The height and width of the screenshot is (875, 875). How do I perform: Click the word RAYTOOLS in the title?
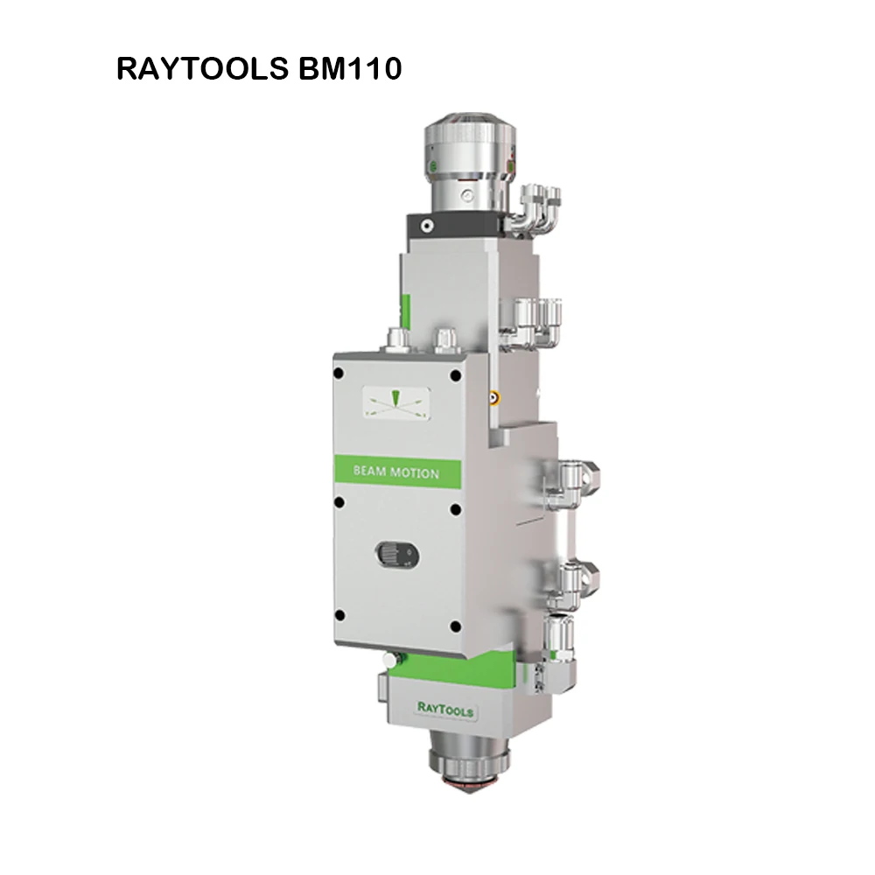pyautogui.click(x=203, y=69)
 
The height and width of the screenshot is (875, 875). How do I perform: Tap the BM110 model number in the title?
pyautogui.click(x=351, y=69)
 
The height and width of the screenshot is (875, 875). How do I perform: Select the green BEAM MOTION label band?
pyautogui.click(x=398, y=472)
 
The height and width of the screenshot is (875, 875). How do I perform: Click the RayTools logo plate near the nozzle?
pyautogui.click(x=445, y=710)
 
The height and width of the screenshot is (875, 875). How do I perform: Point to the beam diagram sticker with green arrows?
pyautogui.click(x=395, y=402)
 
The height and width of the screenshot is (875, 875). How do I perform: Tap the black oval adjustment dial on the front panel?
pyautogui.click(x=397, y=555)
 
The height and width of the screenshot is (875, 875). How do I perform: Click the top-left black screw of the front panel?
pyautogui.click(x=338, y=374)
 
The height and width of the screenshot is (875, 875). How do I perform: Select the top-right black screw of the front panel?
pyautogui.click(x=455, y=375)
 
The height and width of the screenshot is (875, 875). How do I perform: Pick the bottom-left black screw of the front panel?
pyautogui.click(x=339, y=616)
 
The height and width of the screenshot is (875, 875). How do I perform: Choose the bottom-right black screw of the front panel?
pyautogui.click(x=455, y=626)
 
